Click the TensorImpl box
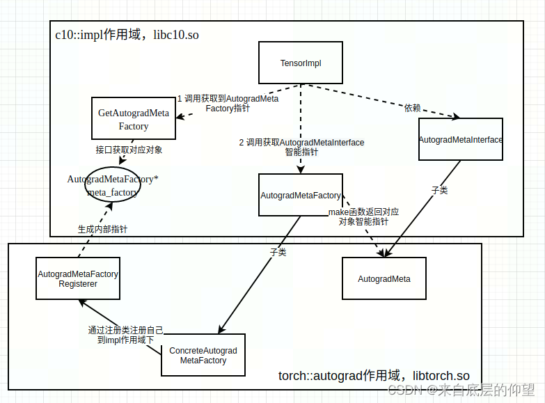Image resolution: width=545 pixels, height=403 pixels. [301, 63]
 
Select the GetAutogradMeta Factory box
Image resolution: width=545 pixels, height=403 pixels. [133, 118]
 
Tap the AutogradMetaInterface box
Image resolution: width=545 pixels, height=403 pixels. [460, 139]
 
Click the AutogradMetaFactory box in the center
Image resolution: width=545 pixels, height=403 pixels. [301, 195]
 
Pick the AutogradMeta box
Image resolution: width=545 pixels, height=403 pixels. [384, 278]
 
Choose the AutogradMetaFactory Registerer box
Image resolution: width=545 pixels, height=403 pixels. [77, 278]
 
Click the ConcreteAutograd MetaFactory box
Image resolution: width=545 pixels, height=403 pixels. [203, 355]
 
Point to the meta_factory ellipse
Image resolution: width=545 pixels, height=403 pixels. [113, 185]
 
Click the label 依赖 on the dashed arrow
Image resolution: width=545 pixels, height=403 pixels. [412, 108]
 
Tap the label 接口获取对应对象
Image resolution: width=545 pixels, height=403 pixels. [129, 150]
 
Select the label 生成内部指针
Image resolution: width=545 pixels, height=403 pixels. [102, 228]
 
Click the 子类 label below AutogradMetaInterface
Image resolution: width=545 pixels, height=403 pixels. [439, 189]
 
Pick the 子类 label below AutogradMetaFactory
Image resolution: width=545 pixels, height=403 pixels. [278, 252]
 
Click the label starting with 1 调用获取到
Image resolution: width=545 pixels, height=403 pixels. [228, 104]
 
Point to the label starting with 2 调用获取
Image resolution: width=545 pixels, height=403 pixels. [301, 147]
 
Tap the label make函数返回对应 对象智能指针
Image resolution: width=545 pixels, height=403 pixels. [363, 216]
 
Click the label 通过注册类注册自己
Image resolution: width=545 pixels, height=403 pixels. [125, 335]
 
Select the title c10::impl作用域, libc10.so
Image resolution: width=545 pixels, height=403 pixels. [127, 34]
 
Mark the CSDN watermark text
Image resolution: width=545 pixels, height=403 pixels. [461, 390]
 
